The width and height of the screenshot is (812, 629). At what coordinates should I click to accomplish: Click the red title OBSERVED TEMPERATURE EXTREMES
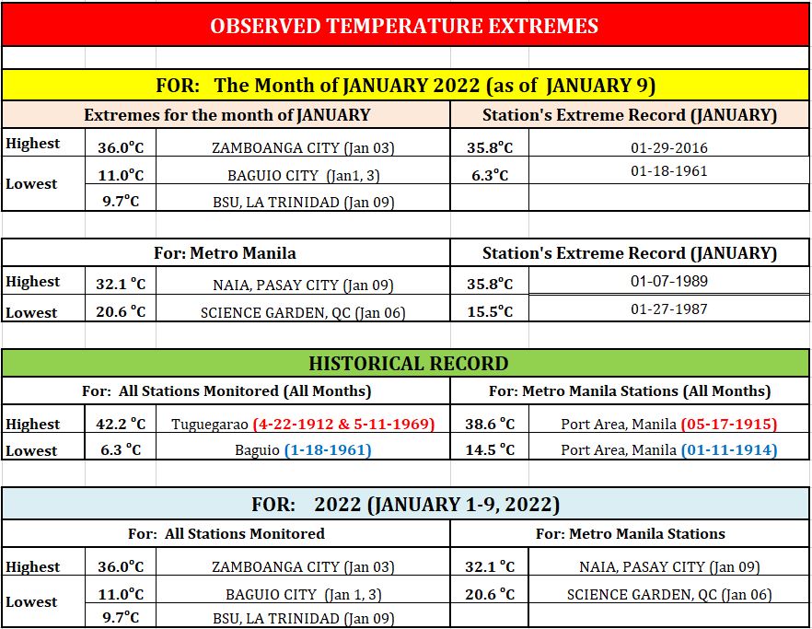pyautogui.click(x=404, y=26)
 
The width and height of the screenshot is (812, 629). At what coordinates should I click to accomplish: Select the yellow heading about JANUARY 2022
pyautogui.click(x=406, y=85)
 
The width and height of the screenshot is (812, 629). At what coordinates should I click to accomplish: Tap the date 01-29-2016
pyautogui.click(x=669, y=148)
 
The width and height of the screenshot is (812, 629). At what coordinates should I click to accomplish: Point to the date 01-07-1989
pyautogui.click(x=669, y=281)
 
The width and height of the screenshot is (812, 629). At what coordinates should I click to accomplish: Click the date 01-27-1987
pyautogui.click(x=669, y=309)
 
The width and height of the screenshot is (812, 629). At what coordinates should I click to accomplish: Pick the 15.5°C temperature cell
pyautogui.click(x=490, y=311)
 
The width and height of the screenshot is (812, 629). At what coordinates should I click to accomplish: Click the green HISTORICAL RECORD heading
pyautogui.click(x=409, y=363)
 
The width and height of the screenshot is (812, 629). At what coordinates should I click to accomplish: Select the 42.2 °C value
pyautogui.click(x=121, y=424)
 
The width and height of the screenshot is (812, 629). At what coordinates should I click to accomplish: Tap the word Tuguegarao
pyautogui.click(x=210, y=425)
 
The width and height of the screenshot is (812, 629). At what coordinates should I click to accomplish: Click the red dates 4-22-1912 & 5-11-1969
pyautogui.click(x=344, y=424)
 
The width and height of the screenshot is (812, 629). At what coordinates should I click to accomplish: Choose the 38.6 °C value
pyautogui.click(x=490, y=424)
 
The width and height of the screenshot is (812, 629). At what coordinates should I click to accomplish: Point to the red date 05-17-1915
pyautogui.click(x=729, y=424)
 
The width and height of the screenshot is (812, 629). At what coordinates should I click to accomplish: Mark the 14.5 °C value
pyautogui.click(x=490, y=449)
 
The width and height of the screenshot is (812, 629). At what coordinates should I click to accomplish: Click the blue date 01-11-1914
pyautogui.click(x=729, y=449)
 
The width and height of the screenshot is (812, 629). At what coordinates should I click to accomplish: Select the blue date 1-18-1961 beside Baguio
pyautogui.click(x=328, y=449)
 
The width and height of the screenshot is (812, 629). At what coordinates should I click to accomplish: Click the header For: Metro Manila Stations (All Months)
pyautogui.click(x=630, y=391)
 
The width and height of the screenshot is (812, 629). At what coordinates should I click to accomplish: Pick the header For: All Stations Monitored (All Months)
pyautogui.click(x=226, y=391)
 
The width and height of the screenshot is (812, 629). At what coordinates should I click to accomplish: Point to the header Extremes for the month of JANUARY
pyautogui.click(x=227, y=114)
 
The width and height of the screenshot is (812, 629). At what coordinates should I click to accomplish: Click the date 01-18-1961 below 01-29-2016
pyautogui.click(x=669, y=171)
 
